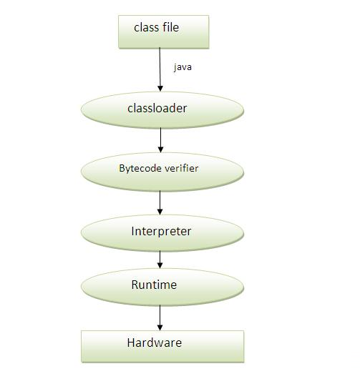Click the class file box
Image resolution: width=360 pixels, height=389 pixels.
[x=164, y=31]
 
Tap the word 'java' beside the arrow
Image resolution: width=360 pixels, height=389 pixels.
[x=183, y=67]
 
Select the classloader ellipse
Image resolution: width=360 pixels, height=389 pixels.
[x=162, y=110]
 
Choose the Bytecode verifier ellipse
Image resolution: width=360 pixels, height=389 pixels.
[x=162, y=172]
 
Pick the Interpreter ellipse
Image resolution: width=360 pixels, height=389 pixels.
[x=162, y=232]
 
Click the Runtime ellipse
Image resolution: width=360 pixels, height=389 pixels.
[x=162, y=287]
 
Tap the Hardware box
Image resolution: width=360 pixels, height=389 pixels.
[x=162, y=347]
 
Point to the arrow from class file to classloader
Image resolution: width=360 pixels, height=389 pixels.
[x=160, y=69]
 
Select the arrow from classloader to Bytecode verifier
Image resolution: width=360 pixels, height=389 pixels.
[x=160, y=140]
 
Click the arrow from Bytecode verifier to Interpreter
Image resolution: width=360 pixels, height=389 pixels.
[x=160, y=202]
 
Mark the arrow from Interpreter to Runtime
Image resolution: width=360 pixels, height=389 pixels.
[x=160, y=260]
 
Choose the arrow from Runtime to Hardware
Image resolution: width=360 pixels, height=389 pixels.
[x=160, y=317]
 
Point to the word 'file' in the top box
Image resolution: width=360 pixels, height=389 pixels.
[x=171, y=27]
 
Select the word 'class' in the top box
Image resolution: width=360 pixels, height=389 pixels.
[x=147, y=27]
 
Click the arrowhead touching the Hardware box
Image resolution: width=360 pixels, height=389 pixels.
[x=160, y=328]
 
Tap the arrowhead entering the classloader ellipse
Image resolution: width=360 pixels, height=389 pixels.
[x=160, y=89]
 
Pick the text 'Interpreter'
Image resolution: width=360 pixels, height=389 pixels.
[x=161, y=232]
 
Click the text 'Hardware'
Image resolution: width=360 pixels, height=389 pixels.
[x=155, y=343]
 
